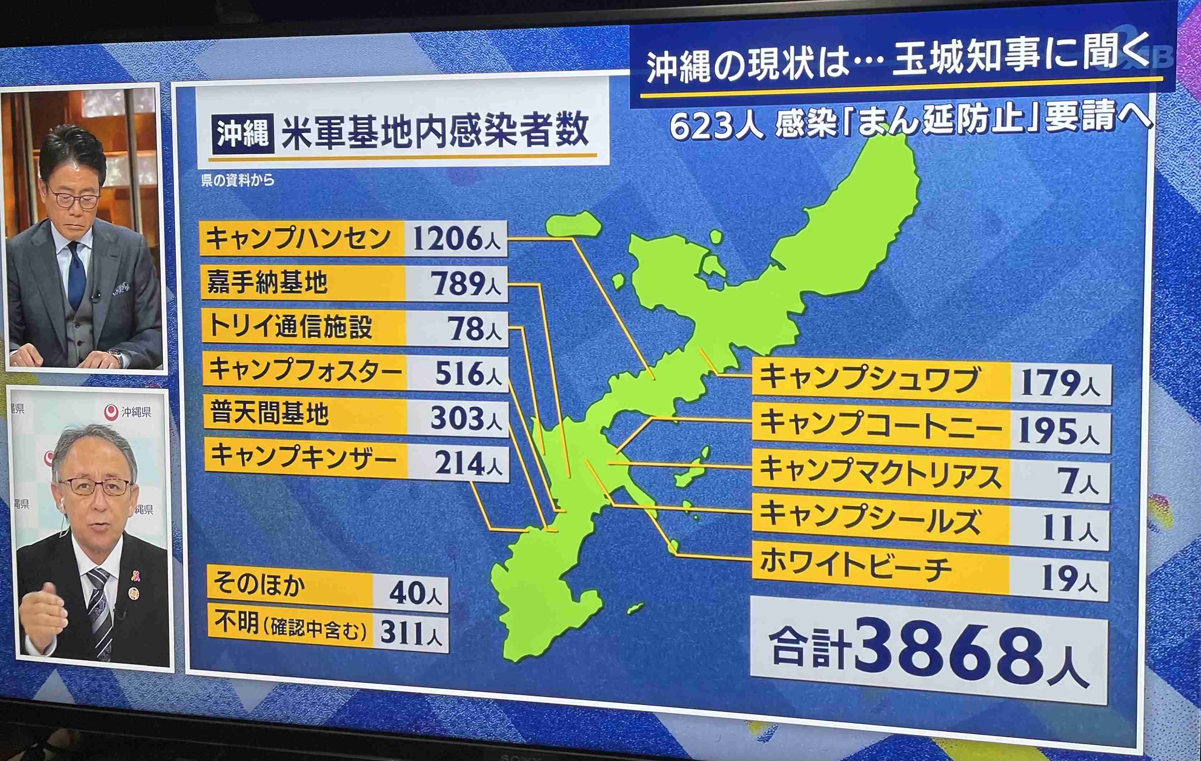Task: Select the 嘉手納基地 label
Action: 267,283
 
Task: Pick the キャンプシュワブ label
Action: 869,379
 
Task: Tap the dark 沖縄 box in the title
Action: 243,133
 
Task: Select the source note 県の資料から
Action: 237,180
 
